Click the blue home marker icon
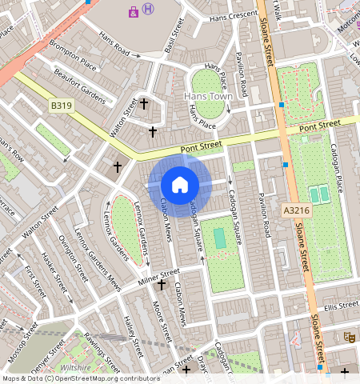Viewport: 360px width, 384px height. click(x=180, y=185)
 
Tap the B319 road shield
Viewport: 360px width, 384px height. click(x=60, y=105)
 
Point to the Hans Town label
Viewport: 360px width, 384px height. click(x=207, y=96)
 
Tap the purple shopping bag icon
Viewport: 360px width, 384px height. click(x=133, y=10)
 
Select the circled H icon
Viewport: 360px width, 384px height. click(x=149, y=9)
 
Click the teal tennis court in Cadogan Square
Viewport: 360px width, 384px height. click(x=219, y=238)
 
